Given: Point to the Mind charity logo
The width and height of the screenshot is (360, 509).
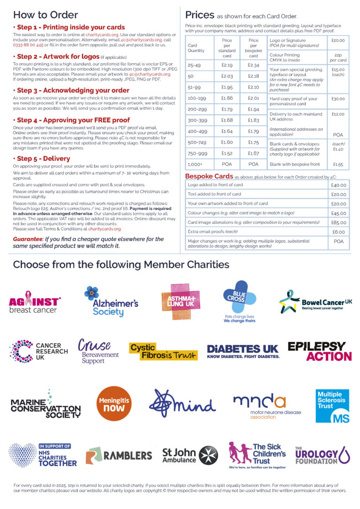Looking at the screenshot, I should pyautogui.click(x=182, y=404).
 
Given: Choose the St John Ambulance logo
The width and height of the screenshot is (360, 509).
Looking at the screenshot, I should pyautogui.click(x=187, y=455).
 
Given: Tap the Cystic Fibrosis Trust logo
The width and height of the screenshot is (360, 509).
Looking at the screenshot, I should pyautogui.click(x=163, y=352).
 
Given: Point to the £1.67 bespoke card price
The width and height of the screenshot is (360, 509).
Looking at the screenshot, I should pyautogui.click(x=254, y=153).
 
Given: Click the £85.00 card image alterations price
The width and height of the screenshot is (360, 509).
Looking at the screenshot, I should pyautogui.click(x=338, y=223).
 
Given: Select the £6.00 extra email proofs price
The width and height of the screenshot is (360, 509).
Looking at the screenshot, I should pyautogui.click(x=338, y=232).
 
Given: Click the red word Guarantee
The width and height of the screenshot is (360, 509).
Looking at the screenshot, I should pyautogui.click(x=28, y=239).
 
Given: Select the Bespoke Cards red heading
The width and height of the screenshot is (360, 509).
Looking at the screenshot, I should pyautogui.click(x=209, y=176).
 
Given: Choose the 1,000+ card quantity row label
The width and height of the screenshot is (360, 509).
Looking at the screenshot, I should pyautogui.click(x=194, y=165).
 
